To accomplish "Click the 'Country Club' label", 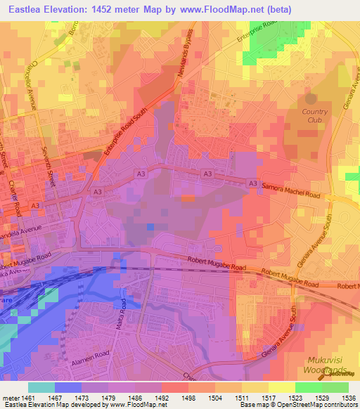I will click(314, 116).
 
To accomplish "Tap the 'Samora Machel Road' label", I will click(292, 192).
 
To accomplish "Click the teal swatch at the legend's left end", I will click(41, 387).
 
